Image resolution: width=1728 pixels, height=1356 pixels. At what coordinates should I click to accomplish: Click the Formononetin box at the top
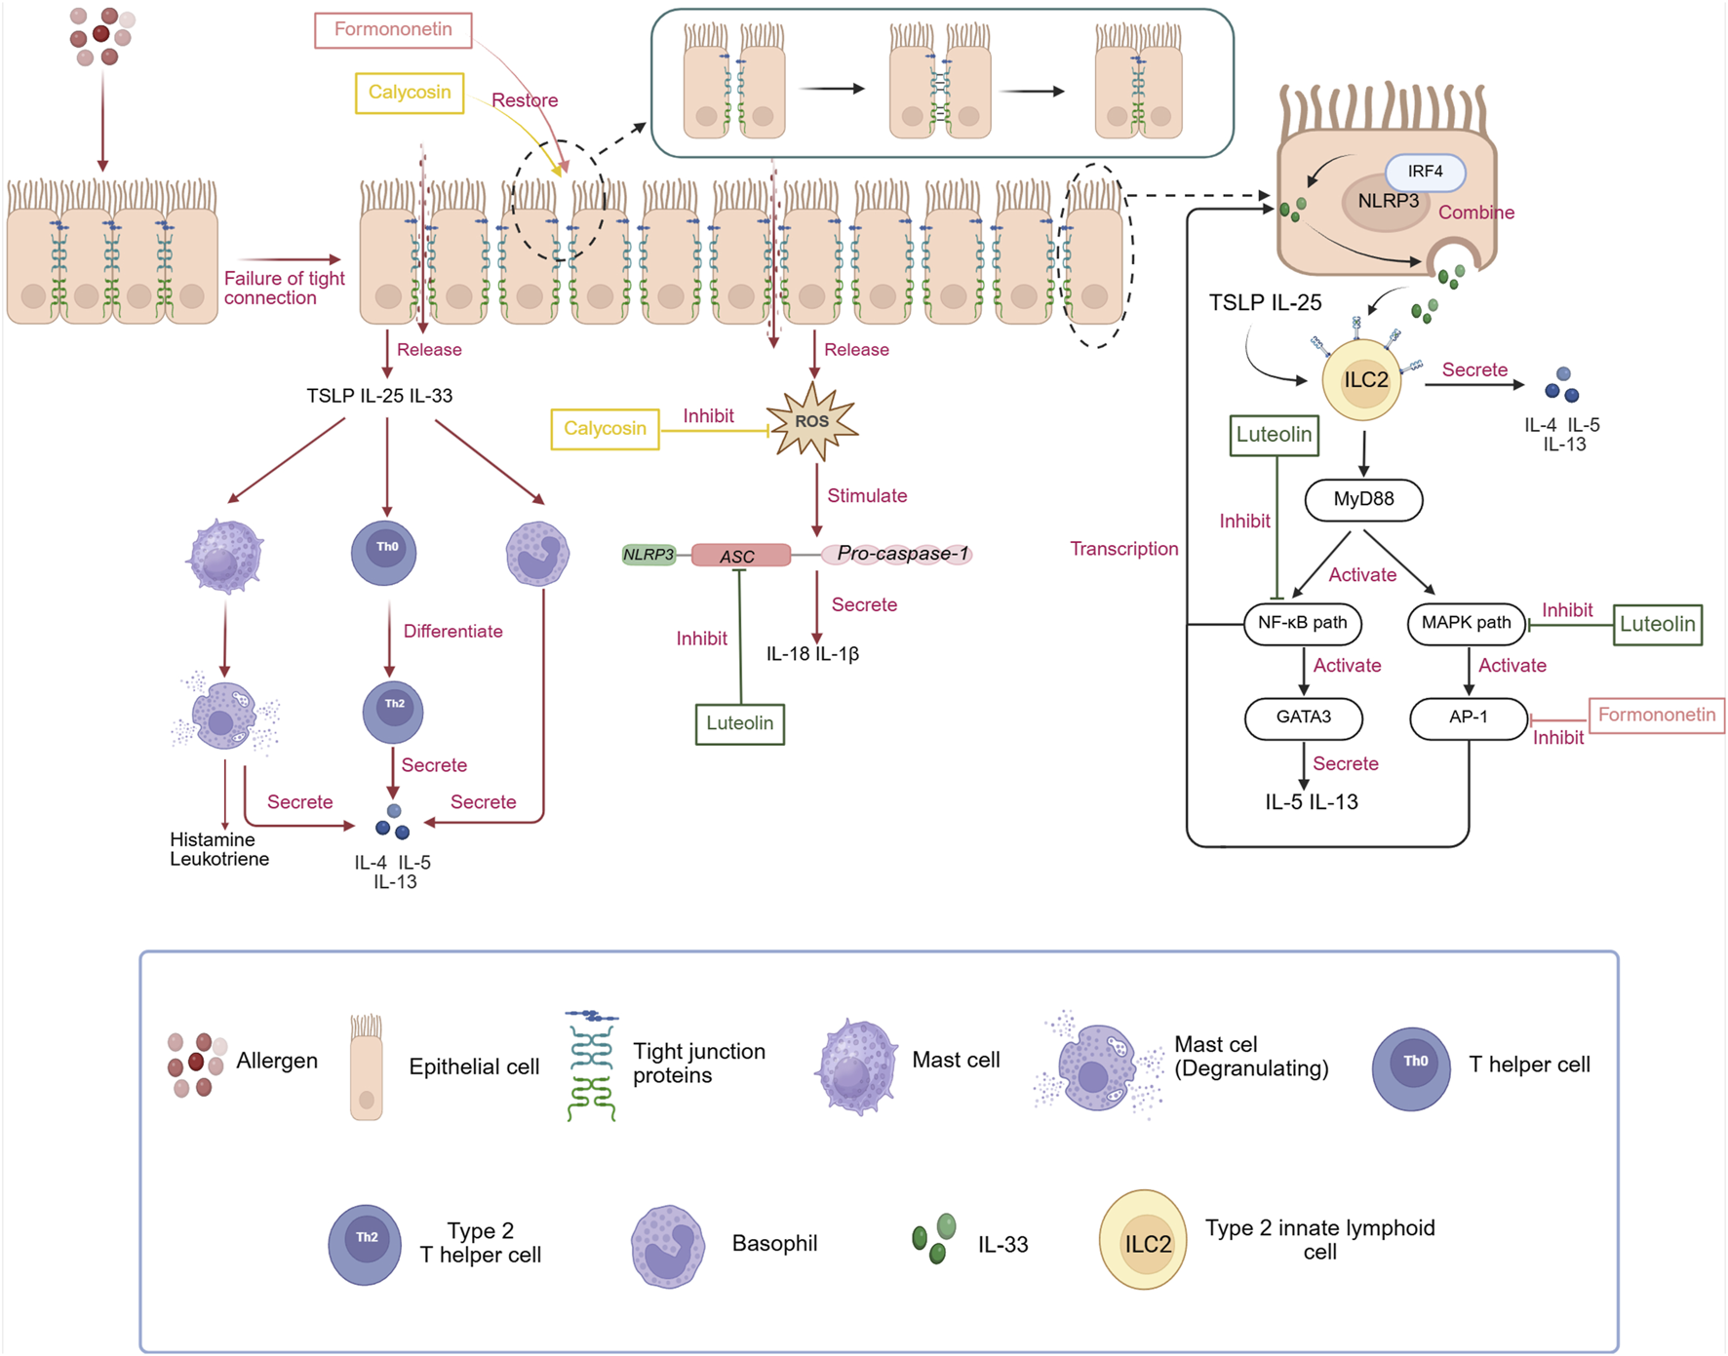click(393, 30)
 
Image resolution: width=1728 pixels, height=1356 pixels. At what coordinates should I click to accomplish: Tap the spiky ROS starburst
click(811, 421)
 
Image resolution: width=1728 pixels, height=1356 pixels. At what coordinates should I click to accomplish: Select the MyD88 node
click(1363, 500)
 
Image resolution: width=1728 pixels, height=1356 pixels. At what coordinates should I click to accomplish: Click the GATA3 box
click(1303, 717)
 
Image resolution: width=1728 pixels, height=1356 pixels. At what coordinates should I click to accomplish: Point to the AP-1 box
click(1468, 717)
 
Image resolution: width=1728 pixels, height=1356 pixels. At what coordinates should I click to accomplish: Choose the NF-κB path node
click(1302, 624)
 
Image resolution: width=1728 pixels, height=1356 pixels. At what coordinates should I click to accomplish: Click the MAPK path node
click(1466, 624)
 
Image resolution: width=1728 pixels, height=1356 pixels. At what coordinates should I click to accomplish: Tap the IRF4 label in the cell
click(1425, 172)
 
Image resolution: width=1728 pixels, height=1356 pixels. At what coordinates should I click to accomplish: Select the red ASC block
click(740, 556)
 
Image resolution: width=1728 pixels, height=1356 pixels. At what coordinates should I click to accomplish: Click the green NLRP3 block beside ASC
click(648, 555)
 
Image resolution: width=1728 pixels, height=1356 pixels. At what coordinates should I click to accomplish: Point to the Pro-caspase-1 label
click(902, 554)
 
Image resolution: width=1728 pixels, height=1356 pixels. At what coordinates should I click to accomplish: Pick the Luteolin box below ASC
click(739, 723)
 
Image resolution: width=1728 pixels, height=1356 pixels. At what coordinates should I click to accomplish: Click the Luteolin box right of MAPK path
click(1657, 625)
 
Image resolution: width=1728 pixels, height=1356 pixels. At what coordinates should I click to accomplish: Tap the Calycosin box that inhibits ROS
click(605, 429)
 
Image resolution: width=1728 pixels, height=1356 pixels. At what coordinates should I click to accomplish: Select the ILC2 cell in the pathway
click(1362, 380)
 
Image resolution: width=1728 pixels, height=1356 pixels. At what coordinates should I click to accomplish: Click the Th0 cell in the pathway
click(384, 552)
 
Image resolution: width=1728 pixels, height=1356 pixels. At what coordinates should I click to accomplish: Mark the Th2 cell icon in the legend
click(365, 1244)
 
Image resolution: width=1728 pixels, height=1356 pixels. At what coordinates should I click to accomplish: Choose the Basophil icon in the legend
click(668, 1246)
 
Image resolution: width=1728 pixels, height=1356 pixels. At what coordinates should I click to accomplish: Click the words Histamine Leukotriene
click(218, 849)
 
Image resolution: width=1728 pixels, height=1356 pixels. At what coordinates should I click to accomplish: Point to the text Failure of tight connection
click(284, 288)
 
